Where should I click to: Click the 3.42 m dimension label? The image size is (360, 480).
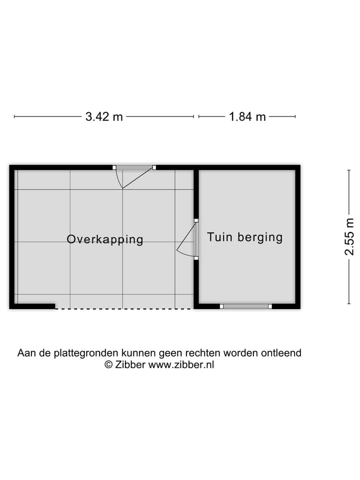[x=104, y=117]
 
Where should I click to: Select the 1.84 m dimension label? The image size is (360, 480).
[x=247, y=117]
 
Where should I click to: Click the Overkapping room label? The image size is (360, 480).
[x=105, y=239]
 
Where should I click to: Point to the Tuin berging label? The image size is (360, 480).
[x=245, y=237]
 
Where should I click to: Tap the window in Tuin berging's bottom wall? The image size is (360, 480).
[x=246, y=306]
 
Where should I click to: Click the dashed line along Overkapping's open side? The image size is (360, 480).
[x=122, y=308]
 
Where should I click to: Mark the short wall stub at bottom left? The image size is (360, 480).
[x=35, y=306]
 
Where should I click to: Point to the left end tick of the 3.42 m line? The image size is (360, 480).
[x=14, y=116]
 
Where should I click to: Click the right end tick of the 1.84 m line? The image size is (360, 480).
[x=295, y=116]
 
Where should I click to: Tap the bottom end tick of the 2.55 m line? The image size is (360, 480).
[x=349, y=303]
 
